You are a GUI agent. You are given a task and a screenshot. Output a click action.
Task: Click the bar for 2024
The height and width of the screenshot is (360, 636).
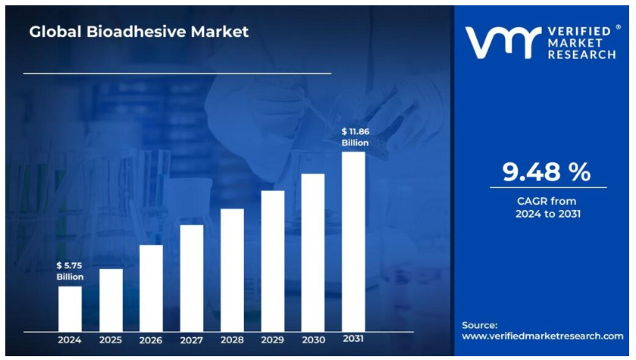[x=70, y=308]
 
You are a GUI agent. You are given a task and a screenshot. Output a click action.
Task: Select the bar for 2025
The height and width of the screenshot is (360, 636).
[x=111, y=300]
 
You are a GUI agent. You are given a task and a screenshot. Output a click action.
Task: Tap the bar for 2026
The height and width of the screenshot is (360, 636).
[x=151, y=288]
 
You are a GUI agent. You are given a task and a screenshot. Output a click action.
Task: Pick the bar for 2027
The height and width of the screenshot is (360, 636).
[x=192, y=278]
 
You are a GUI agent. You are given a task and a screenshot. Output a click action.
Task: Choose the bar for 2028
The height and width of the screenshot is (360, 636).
[x=232, y=270]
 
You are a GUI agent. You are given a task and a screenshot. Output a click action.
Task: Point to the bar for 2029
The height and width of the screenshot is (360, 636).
[x=273, y=261]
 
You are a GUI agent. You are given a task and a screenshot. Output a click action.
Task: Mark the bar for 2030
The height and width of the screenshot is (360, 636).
[x=313, y=252]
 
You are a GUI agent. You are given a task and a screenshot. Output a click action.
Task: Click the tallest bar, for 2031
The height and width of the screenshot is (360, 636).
[x=353, y=242]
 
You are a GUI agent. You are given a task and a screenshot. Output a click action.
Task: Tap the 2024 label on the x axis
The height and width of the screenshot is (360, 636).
[x=70, y=340]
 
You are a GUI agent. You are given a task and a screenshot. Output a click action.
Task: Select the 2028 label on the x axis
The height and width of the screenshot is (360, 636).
[x=232, y=340]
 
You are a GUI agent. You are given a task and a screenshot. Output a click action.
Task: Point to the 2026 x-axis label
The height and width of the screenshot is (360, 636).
[x=151, y=340]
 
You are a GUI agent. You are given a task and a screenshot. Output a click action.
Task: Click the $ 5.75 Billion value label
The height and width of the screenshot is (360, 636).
[x=70, y=271]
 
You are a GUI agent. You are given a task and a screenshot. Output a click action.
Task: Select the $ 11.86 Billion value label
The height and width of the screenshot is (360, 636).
[x=355, y=137]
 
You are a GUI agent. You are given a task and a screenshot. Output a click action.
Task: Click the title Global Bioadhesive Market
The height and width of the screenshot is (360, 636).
[x=139, y=32]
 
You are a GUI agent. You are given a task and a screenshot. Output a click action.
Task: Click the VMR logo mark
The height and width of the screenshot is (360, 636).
[x=503, y=43]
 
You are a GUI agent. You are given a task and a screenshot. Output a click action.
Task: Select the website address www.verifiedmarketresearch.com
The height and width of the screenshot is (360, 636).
[x=543, y=335]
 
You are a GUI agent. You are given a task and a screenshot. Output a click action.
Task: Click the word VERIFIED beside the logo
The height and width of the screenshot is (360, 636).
[x=584, y=30]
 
